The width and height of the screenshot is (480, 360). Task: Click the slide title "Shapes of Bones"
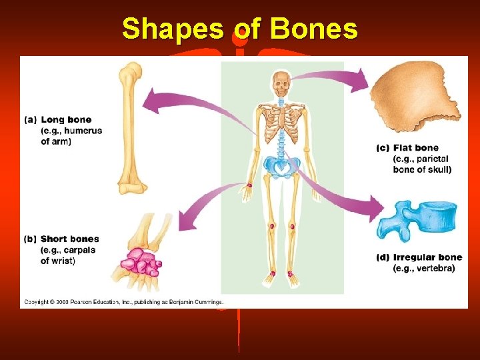tap(239, 30)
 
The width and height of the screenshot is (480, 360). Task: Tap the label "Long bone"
tap(66, 120)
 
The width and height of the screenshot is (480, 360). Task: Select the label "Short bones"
tap(69, 239)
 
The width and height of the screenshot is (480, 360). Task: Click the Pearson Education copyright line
tap(124, 301)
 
